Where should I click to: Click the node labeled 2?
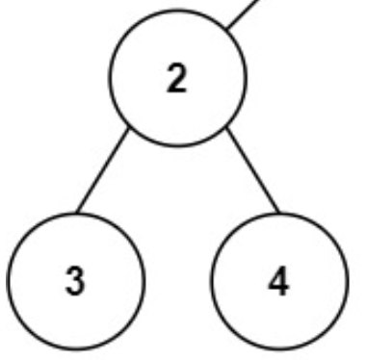click(177, 80)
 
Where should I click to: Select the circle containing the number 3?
click(76, 282)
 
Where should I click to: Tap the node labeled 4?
click(279, 282)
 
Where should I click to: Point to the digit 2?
click(177, 80)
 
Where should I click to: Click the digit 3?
click(76, 283)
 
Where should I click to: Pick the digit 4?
click(279, 283)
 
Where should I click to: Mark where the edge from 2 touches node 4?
click(277, 213)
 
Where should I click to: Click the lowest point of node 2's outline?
click(177, 147)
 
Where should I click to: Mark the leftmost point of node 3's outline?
click(7, 282)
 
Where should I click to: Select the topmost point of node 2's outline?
click(177, 12)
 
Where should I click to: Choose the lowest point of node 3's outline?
click(76, 351)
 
